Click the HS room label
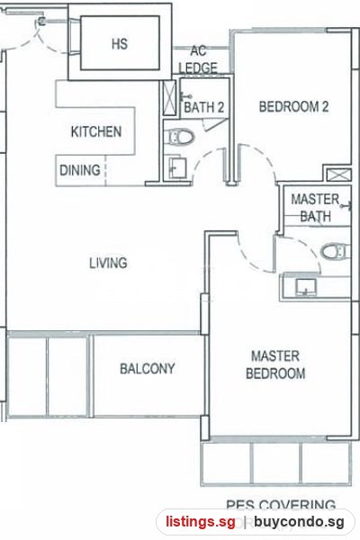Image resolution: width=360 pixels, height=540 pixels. [x=120, y=44]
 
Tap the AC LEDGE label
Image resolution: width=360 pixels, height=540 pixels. [x=198, y=59]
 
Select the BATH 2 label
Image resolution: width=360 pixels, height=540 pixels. [x=204, y=107]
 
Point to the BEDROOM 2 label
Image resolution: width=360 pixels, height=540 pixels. [x=293, y=106]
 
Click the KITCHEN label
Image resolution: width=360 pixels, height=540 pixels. [x=96, y=131]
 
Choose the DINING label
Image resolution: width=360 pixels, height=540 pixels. [x=80, y=170]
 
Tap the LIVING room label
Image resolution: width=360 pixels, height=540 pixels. [x=108, y=263]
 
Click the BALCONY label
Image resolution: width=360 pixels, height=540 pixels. [x=147, y=369]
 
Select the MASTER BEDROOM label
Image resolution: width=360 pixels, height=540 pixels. [x=275, y=364]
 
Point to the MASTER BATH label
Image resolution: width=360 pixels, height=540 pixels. [x=316, y=208]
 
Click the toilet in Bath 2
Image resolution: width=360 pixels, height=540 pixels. [x=180, y=137]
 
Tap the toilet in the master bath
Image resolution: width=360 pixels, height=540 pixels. [x=335, y=250]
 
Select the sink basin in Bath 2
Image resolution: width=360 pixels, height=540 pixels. [x=178, y=167]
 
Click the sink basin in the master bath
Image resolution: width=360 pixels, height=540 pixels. [x=306, y=287]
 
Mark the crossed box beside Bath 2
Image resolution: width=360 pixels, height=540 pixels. [x=169, y=98]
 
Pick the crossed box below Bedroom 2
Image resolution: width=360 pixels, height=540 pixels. [x=338, y=175]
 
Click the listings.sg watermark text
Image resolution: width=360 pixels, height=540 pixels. [x=201, y=522]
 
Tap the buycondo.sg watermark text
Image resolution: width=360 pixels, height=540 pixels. [x=299, y=522]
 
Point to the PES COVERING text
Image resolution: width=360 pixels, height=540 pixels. [x=281, y=505]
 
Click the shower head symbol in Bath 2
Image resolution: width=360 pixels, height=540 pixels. [x=186, y=97]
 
